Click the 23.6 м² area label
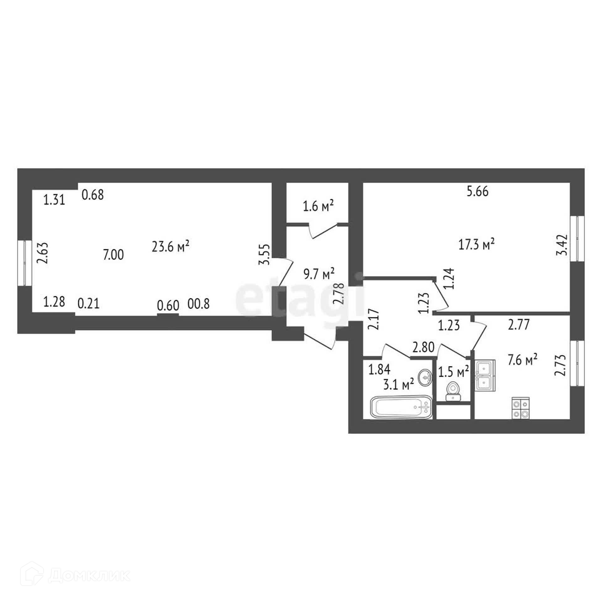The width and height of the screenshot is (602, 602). point(170,246)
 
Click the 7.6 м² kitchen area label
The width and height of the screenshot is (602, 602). point(523,360)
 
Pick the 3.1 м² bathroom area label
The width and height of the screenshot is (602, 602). point(399,383)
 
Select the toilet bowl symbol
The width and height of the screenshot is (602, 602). point(453,390)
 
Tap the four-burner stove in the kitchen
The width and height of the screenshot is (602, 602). point(520,408)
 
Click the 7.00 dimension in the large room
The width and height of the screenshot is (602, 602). point(114,255)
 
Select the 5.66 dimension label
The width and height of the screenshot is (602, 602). point(478,191)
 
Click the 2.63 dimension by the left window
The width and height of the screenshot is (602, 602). point(42,253)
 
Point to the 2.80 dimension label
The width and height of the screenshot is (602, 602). point(424,347)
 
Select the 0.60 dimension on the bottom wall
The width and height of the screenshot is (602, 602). point(168,305)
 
